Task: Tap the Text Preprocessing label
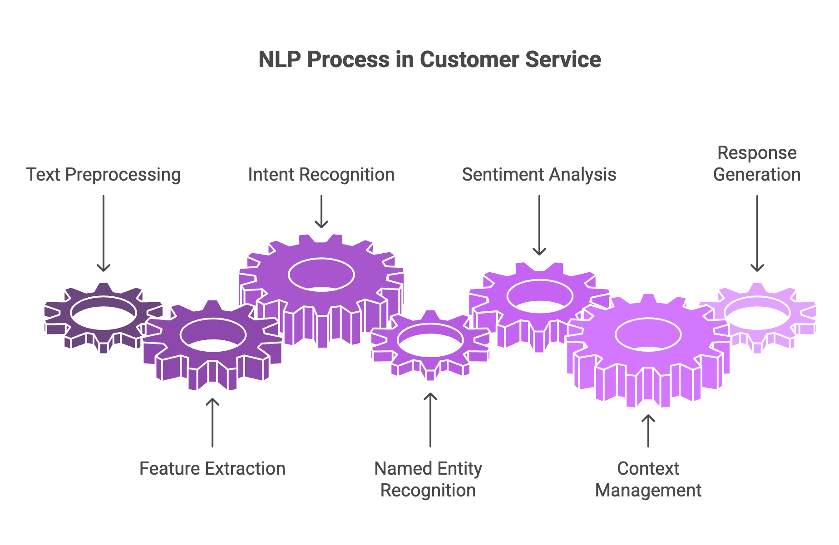[x=104, y=175]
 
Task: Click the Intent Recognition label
[x=321, y=175]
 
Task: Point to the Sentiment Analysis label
[x=539, y=175]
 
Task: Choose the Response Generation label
[x=757, y=164]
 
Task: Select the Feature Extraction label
[x=212, y=468]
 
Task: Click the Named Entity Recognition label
[x=428, y=479]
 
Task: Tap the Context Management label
[x=648, y=479]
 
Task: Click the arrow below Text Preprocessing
[x=104, y=234]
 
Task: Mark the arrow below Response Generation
[x=757, y=234]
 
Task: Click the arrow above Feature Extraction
[x=212, y=422]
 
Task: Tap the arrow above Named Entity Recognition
[x=430, y=420]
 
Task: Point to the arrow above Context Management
[x=648, y=431]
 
